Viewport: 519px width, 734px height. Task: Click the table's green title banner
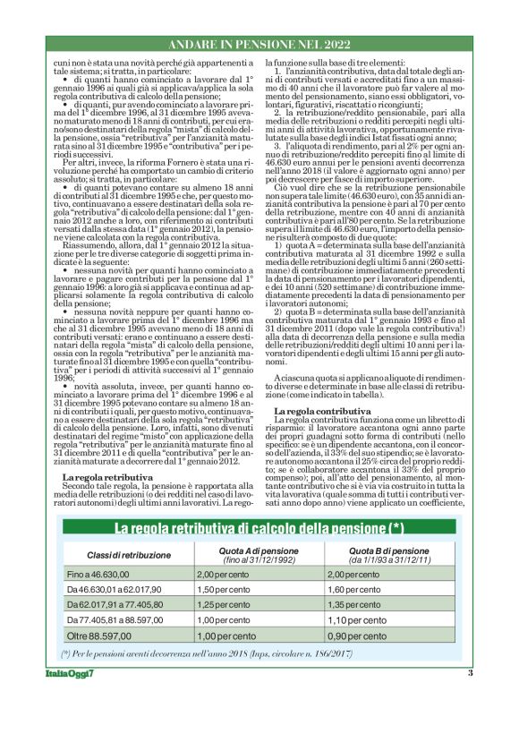tap(259, 527)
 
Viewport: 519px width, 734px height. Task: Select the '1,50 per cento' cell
tap(225, 591)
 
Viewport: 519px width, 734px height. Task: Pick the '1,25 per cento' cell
tap(225, 605)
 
